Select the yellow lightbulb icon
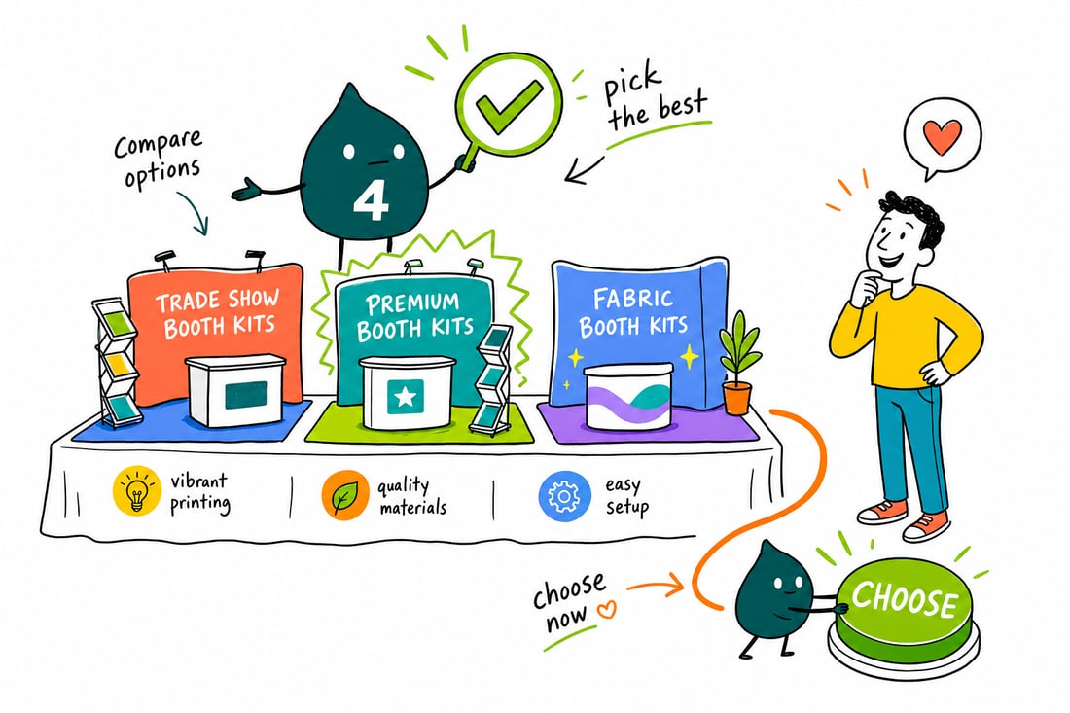coord(137,490)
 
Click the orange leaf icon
coord(345,495)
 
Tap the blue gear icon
coord(564,495)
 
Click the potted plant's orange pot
coord(737,398)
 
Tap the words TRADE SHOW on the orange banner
coord(217,300)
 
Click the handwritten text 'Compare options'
coord(160,158)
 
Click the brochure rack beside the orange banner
coord(116,362)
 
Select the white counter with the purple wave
coord(628,397)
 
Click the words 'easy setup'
coord(625,496)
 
